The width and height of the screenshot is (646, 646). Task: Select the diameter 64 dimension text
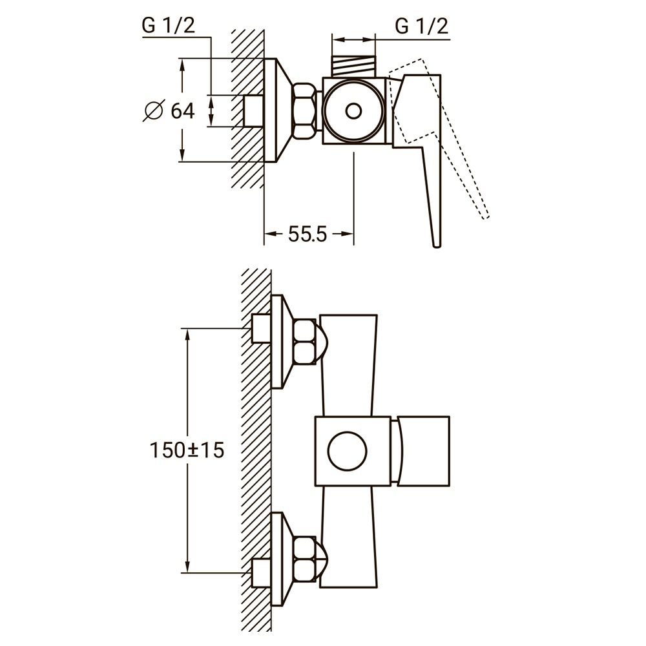click(182, 111)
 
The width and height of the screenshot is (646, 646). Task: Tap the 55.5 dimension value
click(308, 234)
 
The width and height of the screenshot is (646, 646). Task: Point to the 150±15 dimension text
click(187, 450)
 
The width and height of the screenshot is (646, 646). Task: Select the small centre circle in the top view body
click(353, 111)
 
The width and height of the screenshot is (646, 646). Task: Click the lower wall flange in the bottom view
click(278, 559)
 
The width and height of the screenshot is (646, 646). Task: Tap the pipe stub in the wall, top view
click(253, 111)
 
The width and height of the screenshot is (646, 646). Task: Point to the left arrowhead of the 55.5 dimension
click(270, 234)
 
